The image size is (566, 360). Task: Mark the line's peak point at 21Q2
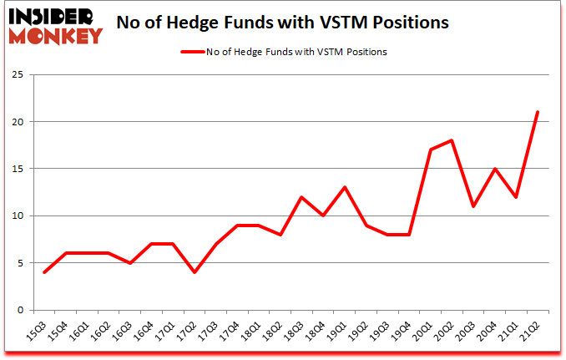click(538, 112)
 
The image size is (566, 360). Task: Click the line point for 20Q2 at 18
click(452, 140)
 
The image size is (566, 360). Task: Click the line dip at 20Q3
click(473, 206)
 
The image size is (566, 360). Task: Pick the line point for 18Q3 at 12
click(301, 197)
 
